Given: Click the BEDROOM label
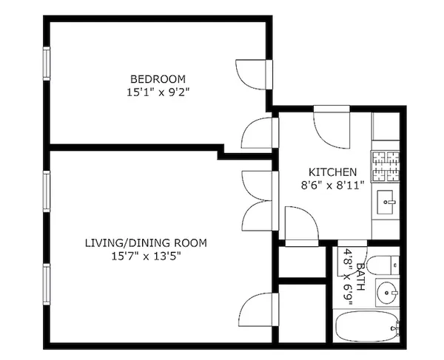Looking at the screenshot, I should coord(158,79).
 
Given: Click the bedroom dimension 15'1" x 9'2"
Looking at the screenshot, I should coord(158,93).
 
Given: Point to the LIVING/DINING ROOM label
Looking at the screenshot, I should coord(146,242).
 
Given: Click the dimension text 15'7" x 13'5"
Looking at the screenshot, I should coord(146,257).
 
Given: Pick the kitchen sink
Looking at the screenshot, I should coord(386,200).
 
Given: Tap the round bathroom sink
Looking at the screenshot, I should coord(386,293).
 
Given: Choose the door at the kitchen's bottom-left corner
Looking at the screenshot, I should coord(300,225).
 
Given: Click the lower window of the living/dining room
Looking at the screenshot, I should coord(46,289).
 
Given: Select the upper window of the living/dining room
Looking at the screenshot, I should coord(46,196).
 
